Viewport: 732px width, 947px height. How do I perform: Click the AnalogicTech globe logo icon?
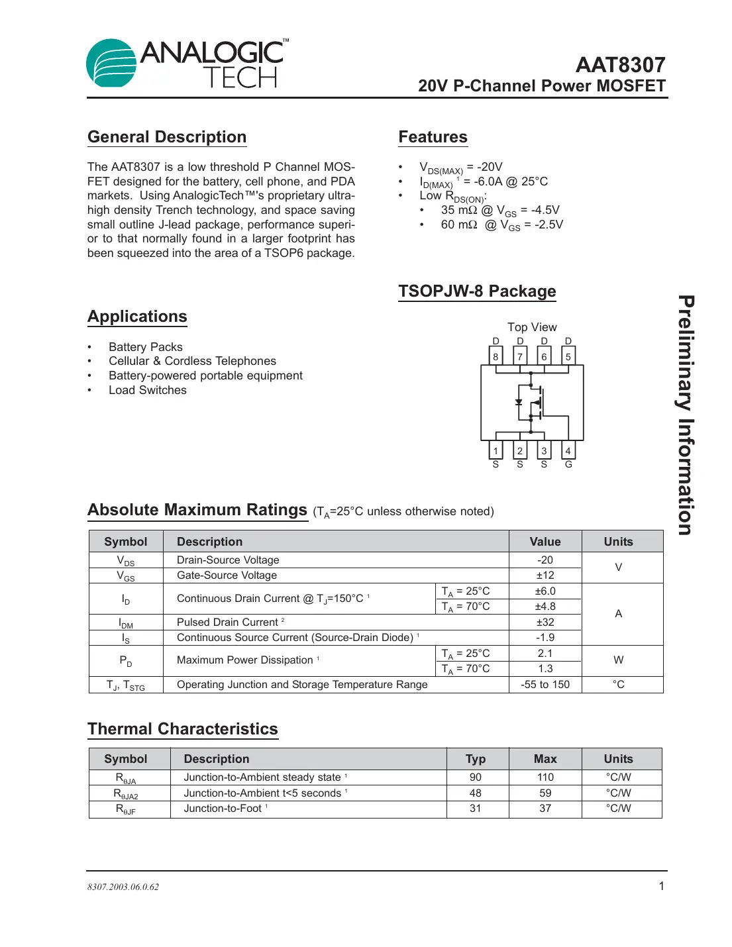[x=111, y=64]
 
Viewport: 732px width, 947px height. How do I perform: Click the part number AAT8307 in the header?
[x=620, y=65]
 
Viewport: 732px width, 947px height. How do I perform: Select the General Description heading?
[x=167, y=137]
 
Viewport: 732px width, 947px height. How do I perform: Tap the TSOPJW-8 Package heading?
[x=477, y=291]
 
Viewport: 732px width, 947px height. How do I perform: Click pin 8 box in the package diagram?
[x=496, y=356]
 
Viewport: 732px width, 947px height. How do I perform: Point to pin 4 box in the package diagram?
[x=568, y=451]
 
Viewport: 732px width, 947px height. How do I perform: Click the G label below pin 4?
[x=568, y=465]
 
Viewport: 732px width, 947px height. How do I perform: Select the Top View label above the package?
[x=532, y=327]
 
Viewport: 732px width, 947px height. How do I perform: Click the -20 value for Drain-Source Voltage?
[x=545, y=560]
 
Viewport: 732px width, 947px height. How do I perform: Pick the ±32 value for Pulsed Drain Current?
[x=545, y=623]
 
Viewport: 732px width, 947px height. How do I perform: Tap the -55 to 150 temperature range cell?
[x=545, y=685]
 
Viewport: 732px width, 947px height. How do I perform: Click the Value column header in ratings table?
[x=545, y=542]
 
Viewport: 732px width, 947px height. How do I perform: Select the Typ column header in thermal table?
[x=476, y=759]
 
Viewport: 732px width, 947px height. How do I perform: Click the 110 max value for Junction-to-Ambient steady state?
[x=545, y=777]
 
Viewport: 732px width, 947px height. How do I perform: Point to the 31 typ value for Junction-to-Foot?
[x=476, y=809]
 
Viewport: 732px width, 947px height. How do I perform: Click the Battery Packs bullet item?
[x=146, y=347]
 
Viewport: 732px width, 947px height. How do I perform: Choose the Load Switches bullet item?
[x=148, y=390]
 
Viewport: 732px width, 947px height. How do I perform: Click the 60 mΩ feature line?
[x=502, y=225]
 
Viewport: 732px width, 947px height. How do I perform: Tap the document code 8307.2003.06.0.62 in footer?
[x=123, y=887]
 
